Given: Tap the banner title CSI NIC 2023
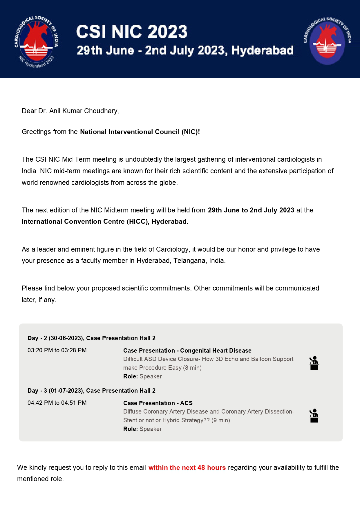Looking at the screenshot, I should click(x=132, y=32).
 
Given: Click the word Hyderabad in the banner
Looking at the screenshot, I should click(x=262, y=50).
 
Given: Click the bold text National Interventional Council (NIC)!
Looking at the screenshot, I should click(x=140, y=132).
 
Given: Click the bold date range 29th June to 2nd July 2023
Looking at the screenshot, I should click(x=251, y=210).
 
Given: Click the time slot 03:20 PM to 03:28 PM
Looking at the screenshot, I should click(x=57, y=350).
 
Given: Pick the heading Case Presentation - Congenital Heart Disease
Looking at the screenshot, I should click(x=187, y=351).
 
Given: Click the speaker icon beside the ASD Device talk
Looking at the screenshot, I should click(x=314, y=363).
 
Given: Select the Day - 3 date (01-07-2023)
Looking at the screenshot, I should click(x=66, y=391).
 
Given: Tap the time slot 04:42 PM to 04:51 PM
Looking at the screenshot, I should click(x=57, y=403).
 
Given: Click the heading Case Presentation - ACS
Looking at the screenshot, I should click(x=158, y=403).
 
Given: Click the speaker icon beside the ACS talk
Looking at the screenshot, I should click(x=314, y=416).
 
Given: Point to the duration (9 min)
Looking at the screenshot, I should click(x=220, y=420).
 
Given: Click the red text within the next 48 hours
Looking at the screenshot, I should click(x=187, y=468).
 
